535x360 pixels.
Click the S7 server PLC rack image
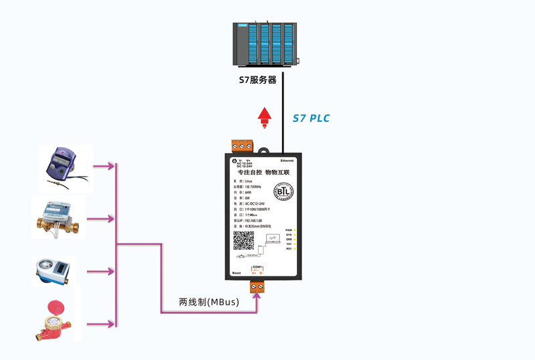265,43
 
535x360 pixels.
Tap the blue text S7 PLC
312,118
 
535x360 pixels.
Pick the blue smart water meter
54,271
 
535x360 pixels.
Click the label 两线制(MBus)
209,302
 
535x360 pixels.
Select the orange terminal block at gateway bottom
257,286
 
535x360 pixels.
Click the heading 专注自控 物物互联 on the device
263,173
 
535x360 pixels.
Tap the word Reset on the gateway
235,273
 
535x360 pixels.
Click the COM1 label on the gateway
257,267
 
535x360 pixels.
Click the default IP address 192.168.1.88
251,220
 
